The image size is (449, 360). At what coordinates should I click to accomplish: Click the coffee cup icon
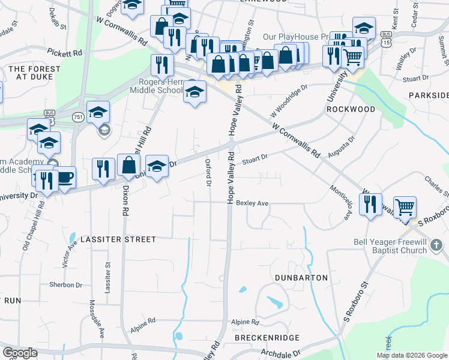click(x=64, y=178)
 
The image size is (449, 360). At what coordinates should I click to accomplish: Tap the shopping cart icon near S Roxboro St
click(x=405, y=208)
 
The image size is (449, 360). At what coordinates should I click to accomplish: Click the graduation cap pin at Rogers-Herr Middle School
click(x=194, y=92)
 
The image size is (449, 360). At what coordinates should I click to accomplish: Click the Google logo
click(x=20, y=353)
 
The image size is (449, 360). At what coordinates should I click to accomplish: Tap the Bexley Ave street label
click(x=252, y=203)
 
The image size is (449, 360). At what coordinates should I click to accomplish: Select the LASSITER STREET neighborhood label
click(x=119, y=239)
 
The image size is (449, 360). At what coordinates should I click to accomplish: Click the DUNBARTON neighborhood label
click(x=301, y=278)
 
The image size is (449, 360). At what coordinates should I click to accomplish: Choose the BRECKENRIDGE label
click(x=267, y=338)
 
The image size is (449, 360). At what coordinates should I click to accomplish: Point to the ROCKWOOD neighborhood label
click(x=351, y=110)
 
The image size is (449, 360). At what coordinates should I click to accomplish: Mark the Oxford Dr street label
click(x=209, y=172)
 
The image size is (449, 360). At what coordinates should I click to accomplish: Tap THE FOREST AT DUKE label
click(x=34, y=73)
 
